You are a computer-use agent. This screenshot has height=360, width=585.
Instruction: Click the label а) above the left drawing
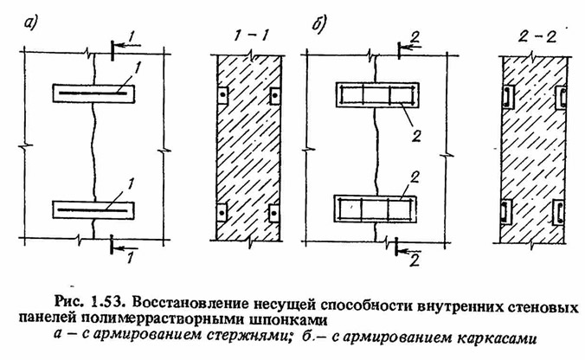pos(30,24)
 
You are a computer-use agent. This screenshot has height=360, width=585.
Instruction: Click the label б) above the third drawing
pos(318,24)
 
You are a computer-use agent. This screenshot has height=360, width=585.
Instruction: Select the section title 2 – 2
pos(537,36)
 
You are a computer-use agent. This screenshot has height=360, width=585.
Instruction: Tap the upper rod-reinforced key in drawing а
pos(93,93)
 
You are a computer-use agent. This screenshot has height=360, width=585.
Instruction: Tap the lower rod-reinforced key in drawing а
pos(93,210)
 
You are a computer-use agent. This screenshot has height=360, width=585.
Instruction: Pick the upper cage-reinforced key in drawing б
pos(377,95)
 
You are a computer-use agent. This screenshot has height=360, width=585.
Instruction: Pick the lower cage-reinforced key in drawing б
pos(375,209)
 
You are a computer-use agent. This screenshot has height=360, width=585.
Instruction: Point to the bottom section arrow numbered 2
pos(408,251)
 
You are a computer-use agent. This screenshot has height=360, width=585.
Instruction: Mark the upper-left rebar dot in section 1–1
pos(222,95)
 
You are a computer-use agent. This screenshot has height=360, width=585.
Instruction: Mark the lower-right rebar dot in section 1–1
pos(273,213)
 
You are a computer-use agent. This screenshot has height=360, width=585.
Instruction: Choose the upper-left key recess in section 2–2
pos(507,97)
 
